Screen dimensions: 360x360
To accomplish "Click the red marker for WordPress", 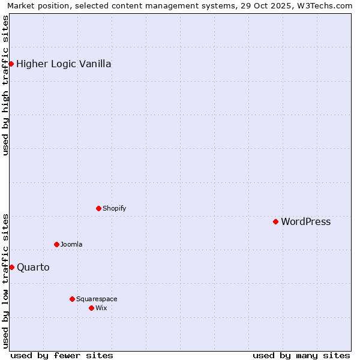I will point(275,221).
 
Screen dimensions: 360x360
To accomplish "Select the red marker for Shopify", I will point(98,208).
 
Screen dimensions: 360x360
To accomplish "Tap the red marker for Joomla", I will point(56,244).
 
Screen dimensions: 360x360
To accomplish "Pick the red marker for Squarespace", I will point(72,299).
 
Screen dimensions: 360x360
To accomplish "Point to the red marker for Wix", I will point(91,308).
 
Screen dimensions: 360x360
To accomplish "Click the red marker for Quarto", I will point(11,267).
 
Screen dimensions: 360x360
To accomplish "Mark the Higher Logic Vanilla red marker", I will point(11,64).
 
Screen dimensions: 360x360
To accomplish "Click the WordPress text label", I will point(305,222).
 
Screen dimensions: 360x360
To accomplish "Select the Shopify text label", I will point(114,209).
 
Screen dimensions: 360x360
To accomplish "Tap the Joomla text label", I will point(71,245).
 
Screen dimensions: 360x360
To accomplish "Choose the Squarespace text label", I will point(97,299).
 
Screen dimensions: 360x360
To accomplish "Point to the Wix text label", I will point(101,308).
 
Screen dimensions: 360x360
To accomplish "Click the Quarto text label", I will point(33,268).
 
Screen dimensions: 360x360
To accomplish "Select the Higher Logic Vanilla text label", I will point(64,64).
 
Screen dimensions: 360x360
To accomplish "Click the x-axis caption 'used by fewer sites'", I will point(62,355).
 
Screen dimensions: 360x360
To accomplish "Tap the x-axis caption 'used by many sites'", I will point(301,355).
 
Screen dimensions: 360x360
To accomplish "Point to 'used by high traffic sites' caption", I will point(5,85).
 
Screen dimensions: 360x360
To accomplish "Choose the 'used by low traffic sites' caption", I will point(5,281).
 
